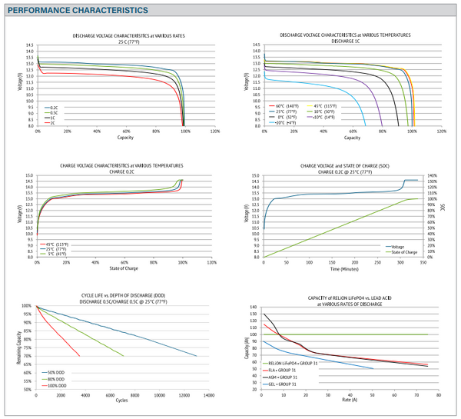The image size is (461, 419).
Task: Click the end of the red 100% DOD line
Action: point(79,334)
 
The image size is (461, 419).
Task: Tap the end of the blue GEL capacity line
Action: point(373,368)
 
